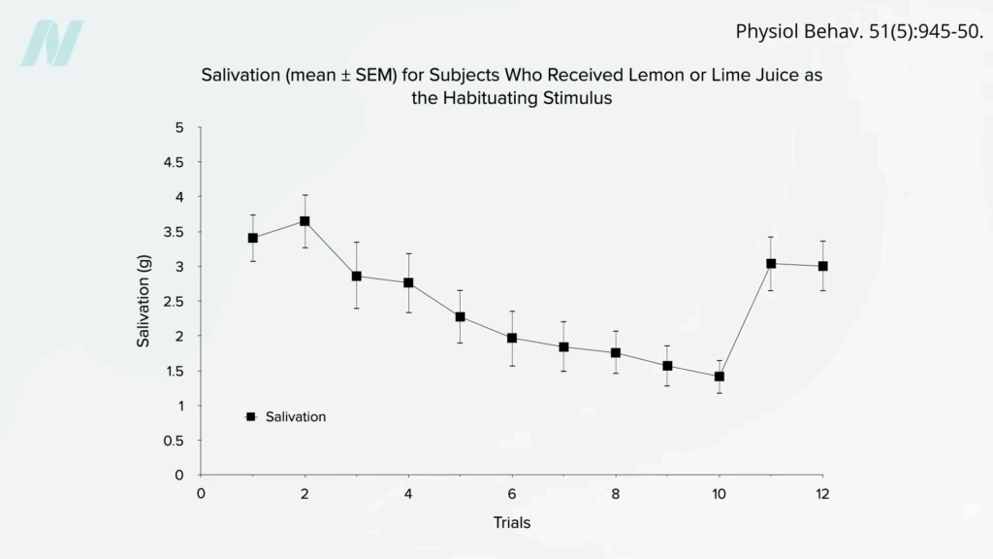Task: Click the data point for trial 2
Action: [x=304, y=221]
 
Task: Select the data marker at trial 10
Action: [x=719, y=377]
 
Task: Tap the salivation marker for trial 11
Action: [x=771, y=263]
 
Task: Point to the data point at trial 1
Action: [x=253, y=238]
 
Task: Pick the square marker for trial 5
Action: [x=460, y=316]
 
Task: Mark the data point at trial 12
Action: [x=822, y=266]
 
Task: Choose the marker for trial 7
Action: [x=563, y=346]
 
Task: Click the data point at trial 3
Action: [x=356, y=277]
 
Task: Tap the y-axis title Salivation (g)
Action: [x=144, y=301]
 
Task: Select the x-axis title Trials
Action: [x=511, y=523]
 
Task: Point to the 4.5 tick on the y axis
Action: [x=173, y=162]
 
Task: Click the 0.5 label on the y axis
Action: [x=173, y=441]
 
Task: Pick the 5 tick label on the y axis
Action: [x=178, y=127]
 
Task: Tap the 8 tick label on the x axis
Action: [x=615, y=493]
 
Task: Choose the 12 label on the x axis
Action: [x=822, y=493]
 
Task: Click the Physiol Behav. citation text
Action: [x=859, y=30]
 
